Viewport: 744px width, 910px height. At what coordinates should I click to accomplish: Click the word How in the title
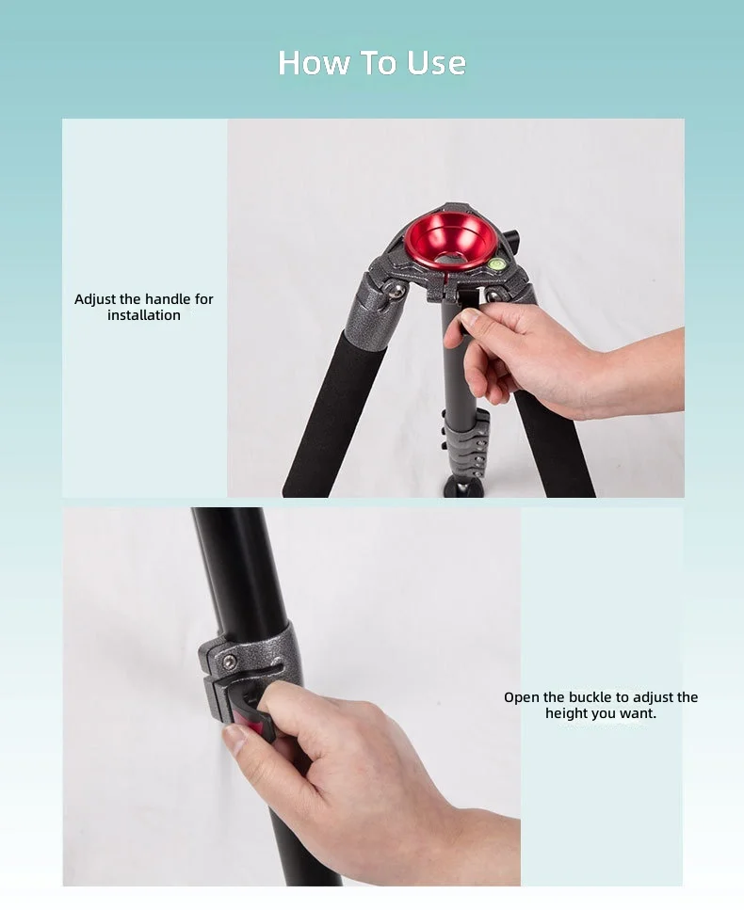click(314, 63)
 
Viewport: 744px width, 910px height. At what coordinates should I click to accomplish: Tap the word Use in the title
click(436, 63)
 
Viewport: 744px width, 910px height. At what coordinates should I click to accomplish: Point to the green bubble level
click(497, 264)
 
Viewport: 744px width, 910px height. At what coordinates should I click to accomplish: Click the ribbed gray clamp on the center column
click(466, 444)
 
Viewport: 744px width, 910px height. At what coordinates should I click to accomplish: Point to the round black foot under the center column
click(463, 487)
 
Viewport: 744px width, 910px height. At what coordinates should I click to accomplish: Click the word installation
click(144, 315)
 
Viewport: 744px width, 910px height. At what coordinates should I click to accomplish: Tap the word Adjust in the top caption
click(95, 300)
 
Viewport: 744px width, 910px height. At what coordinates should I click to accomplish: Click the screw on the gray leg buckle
click(230, 663)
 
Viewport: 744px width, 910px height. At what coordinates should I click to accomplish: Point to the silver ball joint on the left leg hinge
click(396, 292)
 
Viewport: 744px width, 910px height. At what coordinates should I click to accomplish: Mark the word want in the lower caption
click(638, 714)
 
